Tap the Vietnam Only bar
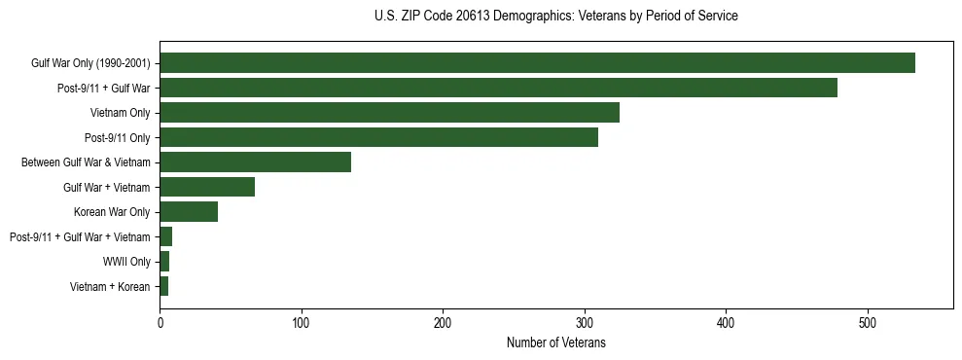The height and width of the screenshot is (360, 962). [x=389, y=113]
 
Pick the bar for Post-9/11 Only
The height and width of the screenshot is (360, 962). [x=378, y=137]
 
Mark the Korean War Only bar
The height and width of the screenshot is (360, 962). [x=189, y=212]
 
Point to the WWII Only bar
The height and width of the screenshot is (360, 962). [x=164, y=262]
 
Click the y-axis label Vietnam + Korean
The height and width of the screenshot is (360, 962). [x=110, y=286]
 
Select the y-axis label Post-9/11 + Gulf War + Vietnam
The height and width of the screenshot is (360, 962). [x=80, y=236]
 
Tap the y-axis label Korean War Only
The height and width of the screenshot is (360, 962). [x=112, y=212]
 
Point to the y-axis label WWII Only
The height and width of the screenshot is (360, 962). [x=126, y=262]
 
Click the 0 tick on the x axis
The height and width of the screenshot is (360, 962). [x=160, y=323]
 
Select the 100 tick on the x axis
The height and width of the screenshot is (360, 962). [x=302, y=323]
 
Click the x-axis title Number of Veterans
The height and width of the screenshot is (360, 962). [x=555, y=342]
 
